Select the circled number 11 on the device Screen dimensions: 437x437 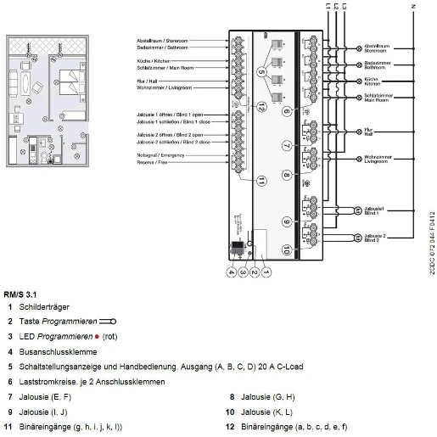click(263, 180)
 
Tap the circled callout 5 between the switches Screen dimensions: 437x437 click(263, 74)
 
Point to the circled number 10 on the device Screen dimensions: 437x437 click(287, 249)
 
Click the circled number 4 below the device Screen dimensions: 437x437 click(229, 272)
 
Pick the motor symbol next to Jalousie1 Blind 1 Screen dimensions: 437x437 click(356, 209)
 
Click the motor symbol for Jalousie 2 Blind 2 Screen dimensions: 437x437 click(356, 238)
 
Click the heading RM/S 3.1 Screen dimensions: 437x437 click(20, 294)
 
